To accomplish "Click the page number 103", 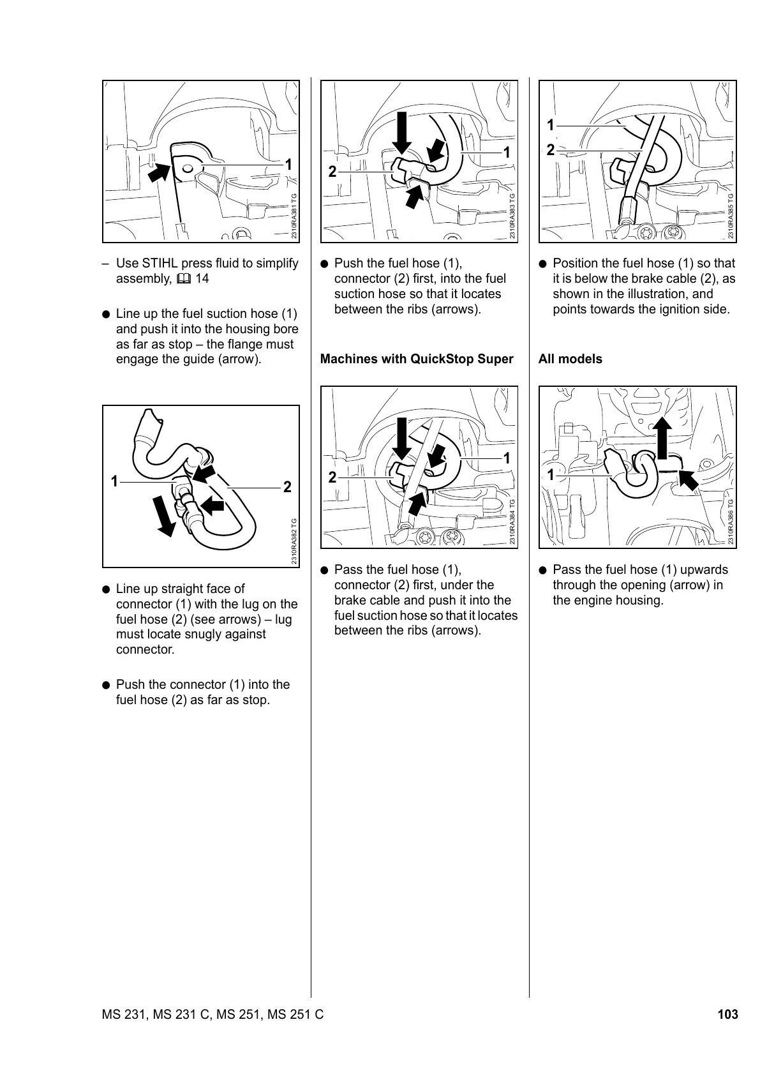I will (727, 1014).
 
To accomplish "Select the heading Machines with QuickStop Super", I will (417, 359).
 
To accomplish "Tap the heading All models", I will (570, 359).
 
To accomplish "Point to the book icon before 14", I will (185, 279).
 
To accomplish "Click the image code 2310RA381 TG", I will (294, 216).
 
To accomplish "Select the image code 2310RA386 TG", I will (731, 522).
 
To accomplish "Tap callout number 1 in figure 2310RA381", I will (288, 165).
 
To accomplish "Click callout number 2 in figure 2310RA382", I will (287, 487).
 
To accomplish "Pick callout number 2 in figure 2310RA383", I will (332, 172).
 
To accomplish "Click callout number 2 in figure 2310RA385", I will (550, 150).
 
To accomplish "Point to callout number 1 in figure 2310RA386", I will (550, 475).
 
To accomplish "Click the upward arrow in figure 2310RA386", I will (662, 437).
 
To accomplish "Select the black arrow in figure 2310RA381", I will (160, 172).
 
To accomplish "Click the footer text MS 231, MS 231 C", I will (157, 1014).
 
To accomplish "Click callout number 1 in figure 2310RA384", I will (507, 458).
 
